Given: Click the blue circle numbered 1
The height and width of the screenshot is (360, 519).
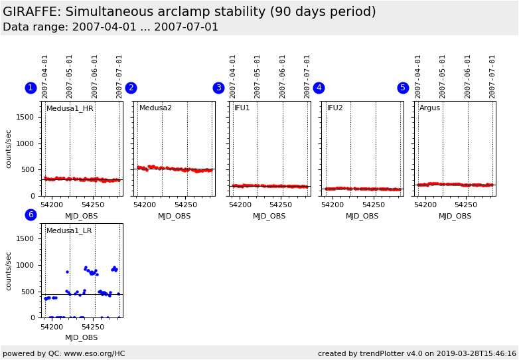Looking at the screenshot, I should tap(31, 88).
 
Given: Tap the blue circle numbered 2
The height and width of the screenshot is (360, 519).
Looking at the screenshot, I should tap(131, 88).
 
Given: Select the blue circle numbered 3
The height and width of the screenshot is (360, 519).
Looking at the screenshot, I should tap(218, 88).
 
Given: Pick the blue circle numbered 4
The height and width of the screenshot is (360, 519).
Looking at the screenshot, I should tap(319, 88).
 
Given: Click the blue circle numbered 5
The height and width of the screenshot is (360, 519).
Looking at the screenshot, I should tap(403, 88).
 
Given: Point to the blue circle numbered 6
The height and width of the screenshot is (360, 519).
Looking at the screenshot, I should tap(31, 215).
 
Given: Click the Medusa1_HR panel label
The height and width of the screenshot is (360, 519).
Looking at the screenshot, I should tap(70, 108).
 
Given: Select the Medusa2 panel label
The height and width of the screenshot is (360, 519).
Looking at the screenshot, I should tap(155, 108).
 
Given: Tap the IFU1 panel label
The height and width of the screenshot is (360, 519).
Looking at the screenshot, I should tap(242, 108).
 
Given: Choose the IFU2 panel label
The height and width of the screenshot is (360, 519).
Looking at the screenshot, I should tap(335, 108).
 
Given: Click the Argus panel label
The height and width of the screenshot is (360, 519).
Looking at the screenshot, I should tap(429, 108).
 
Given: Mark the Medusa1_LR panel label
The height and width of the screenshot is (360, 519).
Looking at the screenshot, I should tap(69, 231).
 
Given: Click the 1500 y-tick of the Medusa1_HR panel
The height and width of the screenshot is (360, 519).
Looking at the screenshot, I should tap(25, 117).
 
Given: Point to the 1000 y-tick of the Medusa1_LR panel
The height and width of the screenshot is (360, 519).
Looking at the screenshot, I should tap(25, 265).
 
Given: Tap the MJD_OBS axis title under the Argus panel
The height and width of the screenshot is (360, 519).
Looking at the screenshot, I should tap(455, 216).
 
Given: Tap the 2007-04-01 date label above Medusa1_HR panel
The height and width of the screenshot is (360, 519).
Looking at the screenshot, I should tap(45, 76).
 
